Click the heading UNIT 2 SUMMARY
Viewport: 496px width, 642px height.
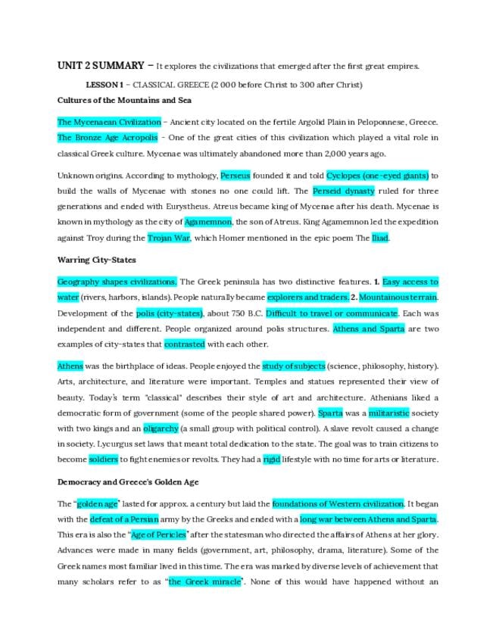[101, 66]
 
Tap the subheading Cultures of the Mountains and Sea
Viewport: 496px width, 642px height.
[124, 100]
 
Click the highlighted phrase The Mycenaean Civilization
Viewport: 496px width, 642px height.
[109, 121]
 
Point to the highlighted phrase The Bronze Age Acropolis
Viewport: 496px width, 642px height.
[108, 138]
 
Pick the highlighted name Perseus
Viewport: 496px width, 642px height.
[236, 176]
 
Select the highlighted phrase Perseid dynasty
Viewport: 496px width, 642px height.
[343, 192]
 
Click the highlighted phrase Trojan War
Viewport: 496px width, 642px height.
[170, 238]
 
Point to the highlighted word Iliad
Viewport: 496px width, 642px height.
[380, 238]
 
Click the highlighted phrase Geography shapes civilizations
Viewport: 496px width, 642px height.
[117, 282]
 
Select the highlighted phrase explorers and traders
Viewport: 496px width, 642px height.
[307, 297]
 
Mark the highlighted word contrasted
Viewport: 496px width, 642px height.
[185, 344]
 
